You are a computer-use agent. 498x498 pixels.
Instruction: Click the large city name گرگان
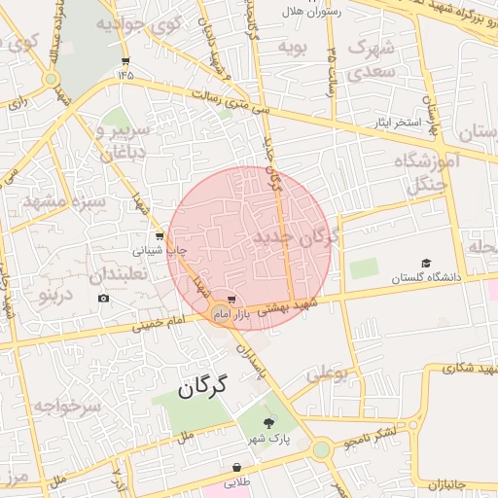[x=202, y=387]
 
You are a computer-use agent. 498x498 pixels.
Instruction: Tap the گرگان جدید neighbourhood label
[x=295, y=237]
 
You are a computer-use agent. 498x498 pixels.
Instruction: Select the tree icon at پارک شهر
[x=269, y=421]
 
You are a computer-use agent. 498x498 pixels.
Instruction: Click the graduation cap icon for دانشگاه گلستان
[x=425, y=264]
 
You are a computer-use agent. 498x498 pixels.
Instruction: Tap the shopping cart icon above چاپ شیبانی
[x=160, y=236]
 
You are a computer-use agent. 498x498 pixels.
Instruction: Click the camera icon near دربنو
[x=104, y=298]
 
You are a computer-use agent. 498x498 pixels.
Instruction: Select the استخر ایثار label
[x=393, y=124]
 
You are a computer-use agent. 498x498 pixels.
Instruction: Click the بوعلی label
[x=327, y=373]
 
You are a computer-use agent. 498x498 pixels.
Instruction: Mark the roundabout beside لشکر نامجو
[x=321, y=449]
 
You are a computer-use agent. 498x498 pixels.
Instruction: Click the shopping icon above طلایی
[x=237, y=467]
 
